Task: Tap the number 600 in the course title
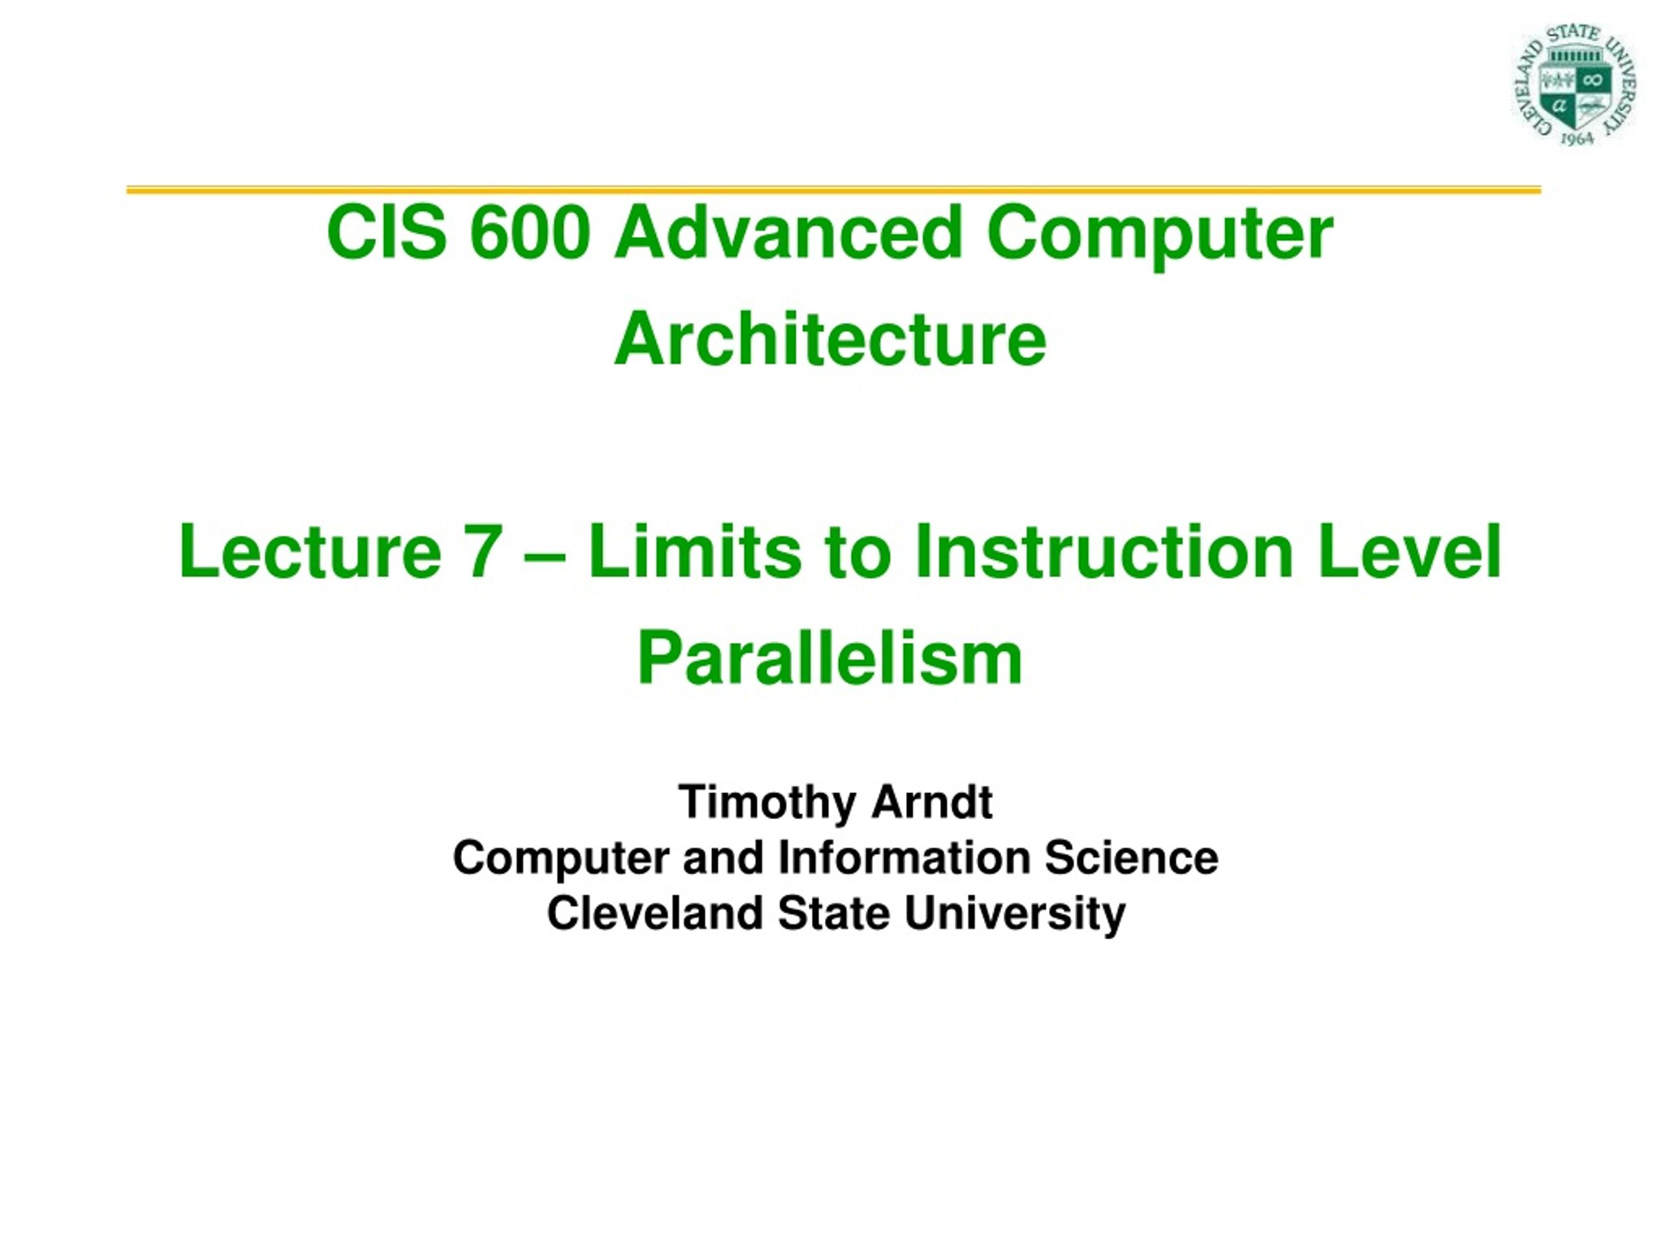[529, 233]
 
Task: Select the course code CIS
[387, 233]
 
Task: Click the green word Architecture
[830, 340]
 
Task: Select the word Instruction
[1104, 551]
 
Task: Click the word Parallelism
[830, 659]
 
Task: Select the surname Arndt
[932, 802]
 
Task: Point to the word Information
[904, 858]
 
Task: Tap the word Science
[1132, 858]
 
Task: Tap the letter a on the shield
[1559, 105]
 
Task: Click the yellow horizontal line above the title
[833, 190]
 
